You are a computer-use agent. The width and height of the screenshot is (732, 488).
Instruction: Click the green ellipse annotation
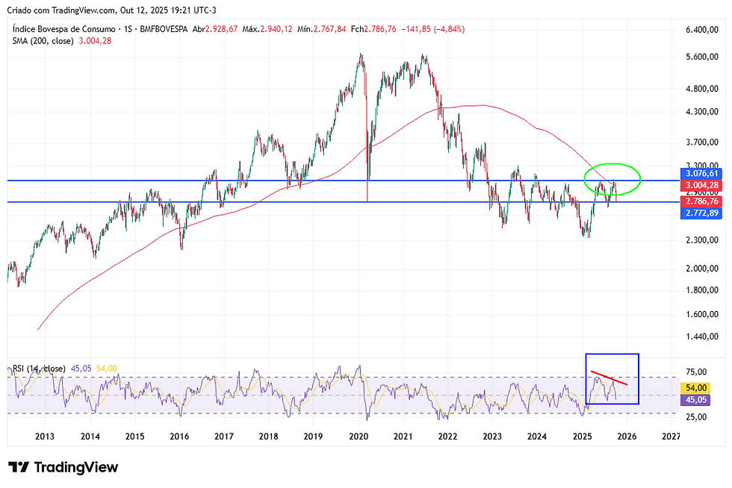click(x=612, y=164)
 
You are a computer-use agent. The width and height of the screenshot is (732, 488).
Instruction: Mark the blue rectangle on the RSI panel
click(x=612, y=354)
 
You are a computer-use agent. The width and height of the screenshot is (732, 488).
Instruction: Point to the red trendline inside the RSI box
click(x=609, y=378)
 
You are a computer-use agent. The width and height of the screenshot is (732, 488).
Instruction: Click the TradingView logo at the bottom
click(x=63, y=468)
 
